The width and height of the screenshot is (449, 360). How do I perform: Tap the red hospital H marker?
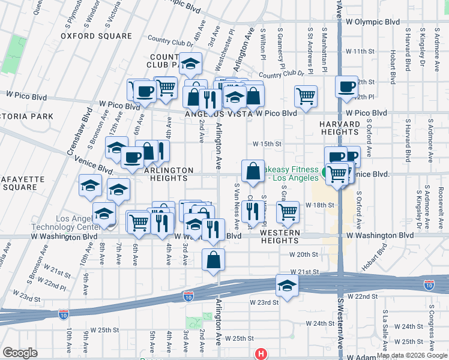(x=260, y=354)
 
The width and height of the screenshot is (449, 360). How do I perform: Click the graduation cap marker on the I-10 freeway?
(x=287, y=285)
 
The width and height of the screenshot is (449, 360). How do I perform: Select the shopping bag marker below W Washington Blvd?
(x=214, y=260)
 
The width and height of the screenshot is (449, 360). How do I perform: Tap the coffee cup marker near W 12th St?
(x=346, y=86)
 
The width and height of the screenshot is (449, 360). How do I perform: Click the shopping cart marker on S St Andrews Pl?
(x=306, y=95)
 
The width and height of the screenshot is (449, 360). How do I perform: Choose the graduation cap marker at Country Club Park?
(x=190, y=64)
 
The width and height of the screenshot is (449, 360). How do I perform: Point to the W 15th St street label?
(x=267, y=144)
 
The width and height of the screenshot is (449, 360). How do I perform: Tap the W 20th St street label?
(x=301, y=254)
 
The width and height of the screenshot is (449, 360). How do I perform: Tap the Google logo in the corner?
(x=20, y=353)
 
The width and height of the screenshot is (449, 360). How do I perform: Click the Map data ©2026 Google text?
(x=411, y=355)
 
